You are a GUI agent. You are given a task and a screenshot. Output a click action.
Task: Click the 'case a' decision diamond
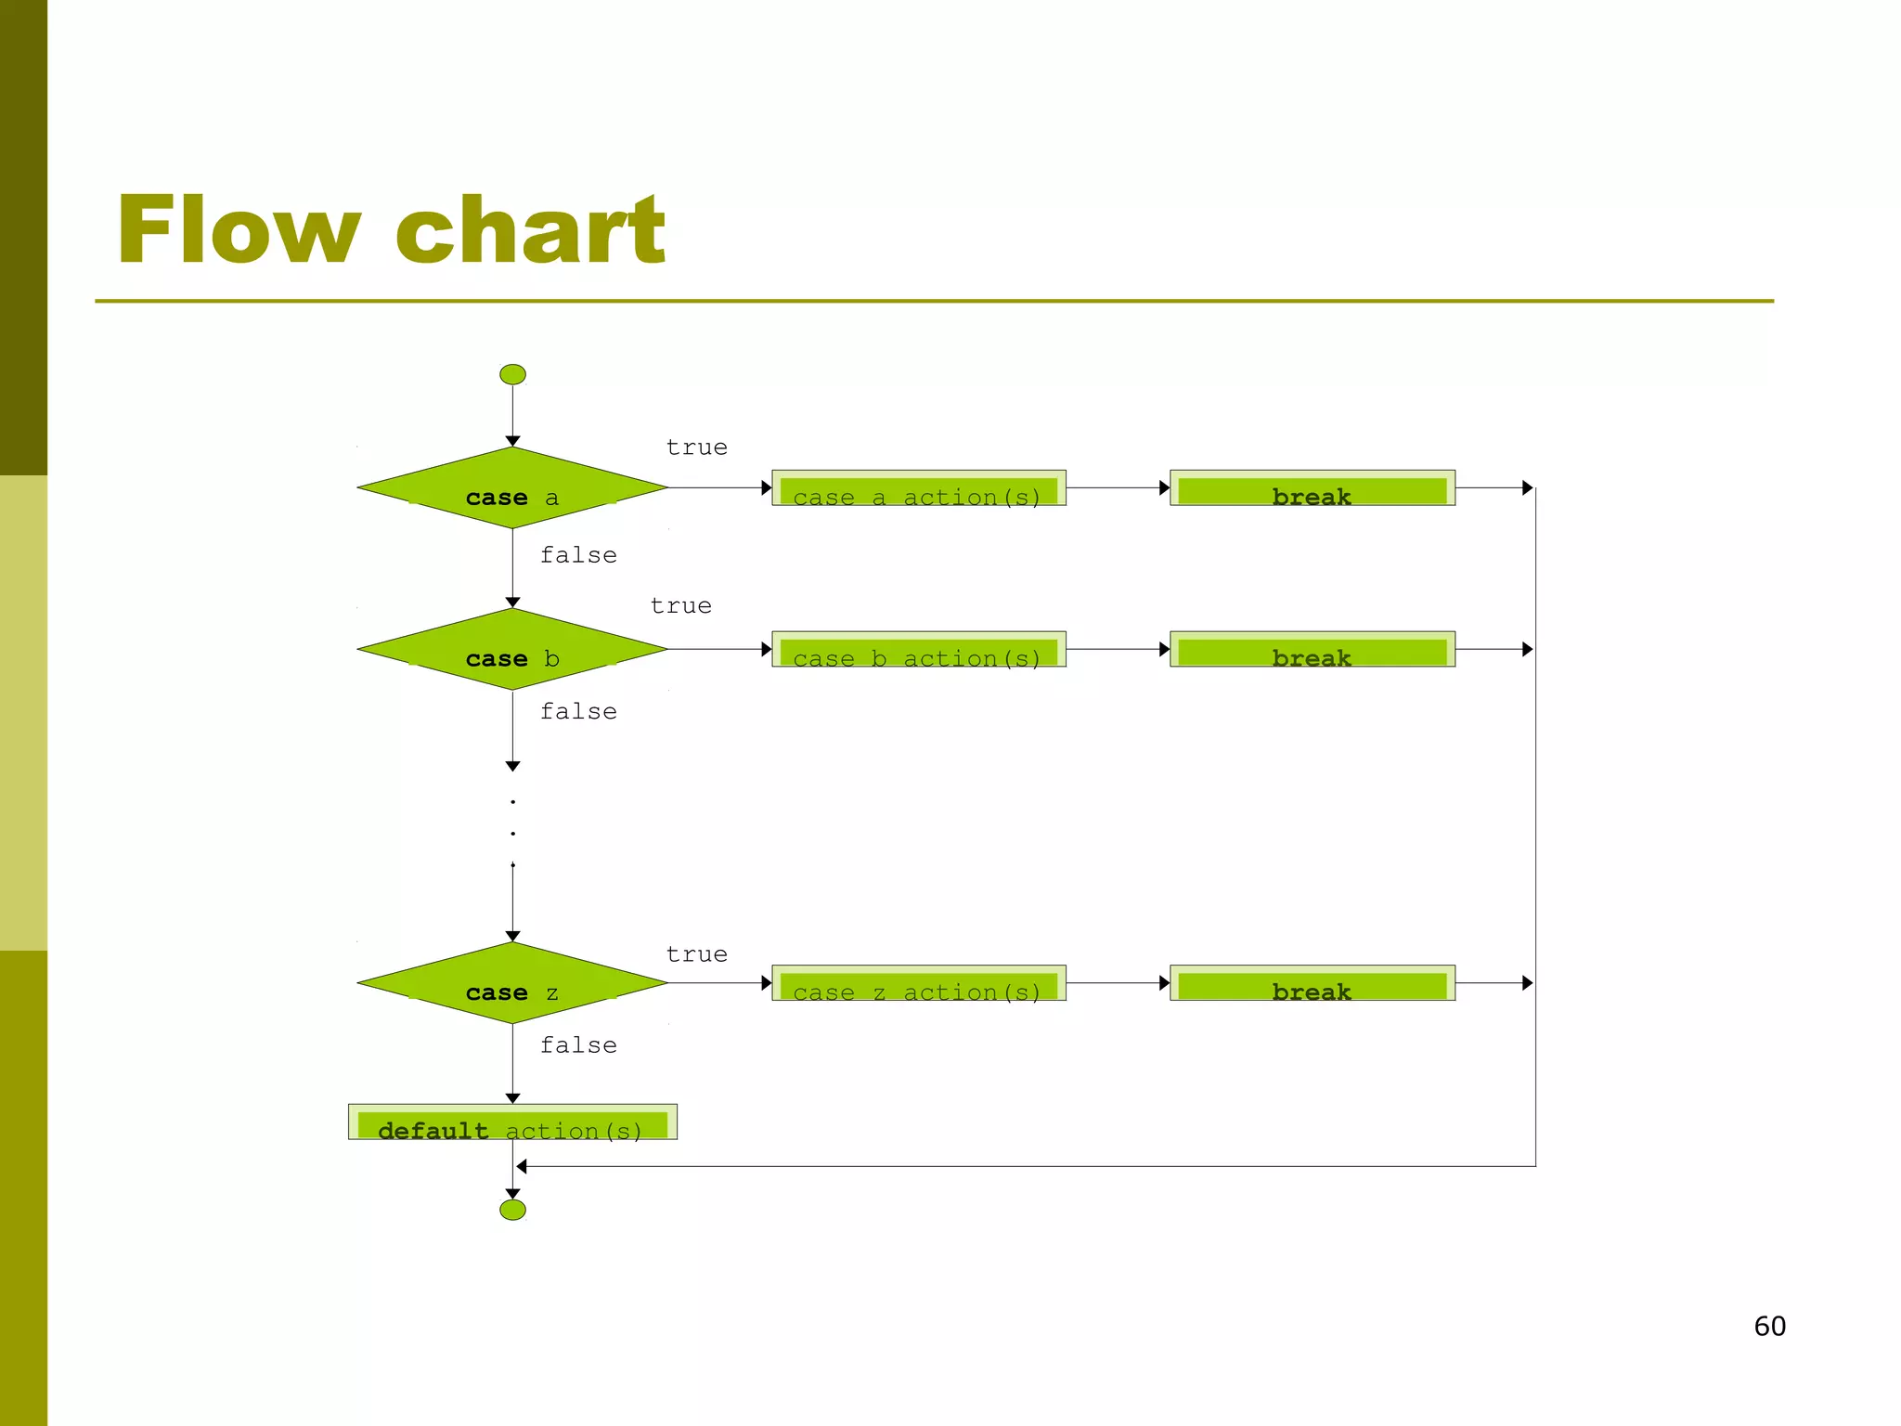pos(512,488)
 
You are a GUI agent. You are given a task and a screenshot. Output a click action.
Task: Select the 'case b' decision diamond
pos(512,649)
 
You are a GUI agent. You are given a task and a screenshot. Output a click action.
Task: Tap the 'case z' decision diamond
pos(512,983)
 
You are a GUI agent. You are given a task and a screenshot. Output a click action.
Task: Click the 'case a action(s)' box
pos(918,488)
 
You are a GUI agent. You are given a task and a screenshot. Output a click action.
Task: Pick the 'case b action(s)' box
pos(918,649)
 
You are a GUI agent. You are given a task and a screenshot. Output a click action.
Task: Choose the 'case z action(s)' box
pos(918,983)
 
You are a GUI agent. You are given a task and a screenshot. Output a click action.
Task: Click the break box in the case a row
pos(1312,488)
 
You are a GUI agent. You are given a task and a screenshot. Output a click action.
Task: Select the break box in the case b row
pos(1312,649)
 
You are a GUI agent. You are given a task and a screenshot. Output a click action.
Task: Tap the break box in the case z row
pos(1312,983)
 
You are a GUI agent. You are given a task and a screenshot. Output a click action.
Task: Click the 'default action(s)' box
pos(512,1122)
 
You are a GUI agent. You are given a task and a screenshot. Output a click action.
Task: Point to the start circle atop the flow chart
pos(512,374)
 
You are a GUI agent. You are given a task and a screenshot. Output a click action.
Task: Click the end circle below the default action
pos(512,1210)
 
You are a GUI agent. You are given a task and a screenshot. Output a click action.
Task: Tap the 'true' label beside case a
pos(696,447)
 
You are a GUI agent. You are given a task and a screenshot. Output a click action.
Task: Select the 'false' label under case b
pos(578,712)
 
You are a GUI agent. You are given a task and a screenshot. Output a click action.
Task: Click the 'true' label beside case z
pos(696,954)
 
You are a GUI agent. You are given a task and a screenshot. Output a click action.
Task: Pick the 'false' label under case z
pos(578,1045)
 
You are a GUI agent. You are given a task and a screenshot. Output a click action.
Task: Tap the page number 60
pos(1769,1326)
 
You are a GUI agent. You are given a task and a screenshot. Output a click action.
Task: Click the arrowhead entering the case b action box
pos(766,649)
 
